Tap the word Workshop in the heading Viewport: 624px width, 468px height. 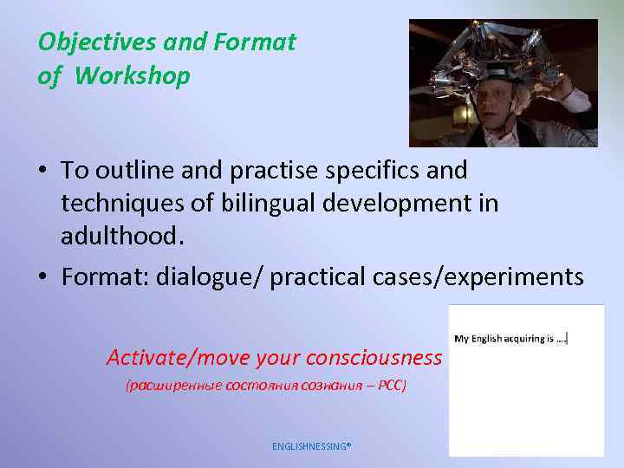click(x=132, y=76)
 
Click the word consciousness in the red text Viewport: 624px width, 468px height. click(x=374, y=356)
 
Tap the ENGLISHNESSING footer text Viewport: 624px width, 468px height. click(x=311, y=446)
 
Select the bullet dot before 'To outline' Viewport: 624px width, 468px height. click(x=42, y=170)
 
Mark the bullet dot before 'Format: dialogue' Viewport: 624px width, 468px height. click(x=42, y=277)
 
